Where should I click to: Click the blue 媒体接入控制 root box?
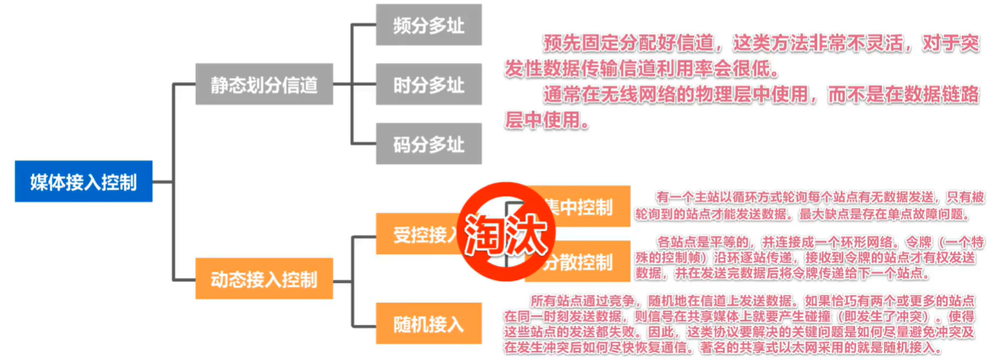(83, 182)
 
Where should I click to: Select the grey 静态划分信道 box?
(264, 84)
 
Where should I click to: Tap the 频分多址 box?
(428, 25)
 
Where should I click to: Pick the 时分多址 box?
(428, 84)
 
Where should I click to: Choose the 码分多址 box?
(428, 144)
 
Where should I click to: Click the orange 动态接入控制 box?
(264, 278)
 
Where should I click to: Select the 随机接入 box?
(428, 324)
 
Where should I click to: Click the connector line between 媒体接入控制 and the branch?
(162, 182)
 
